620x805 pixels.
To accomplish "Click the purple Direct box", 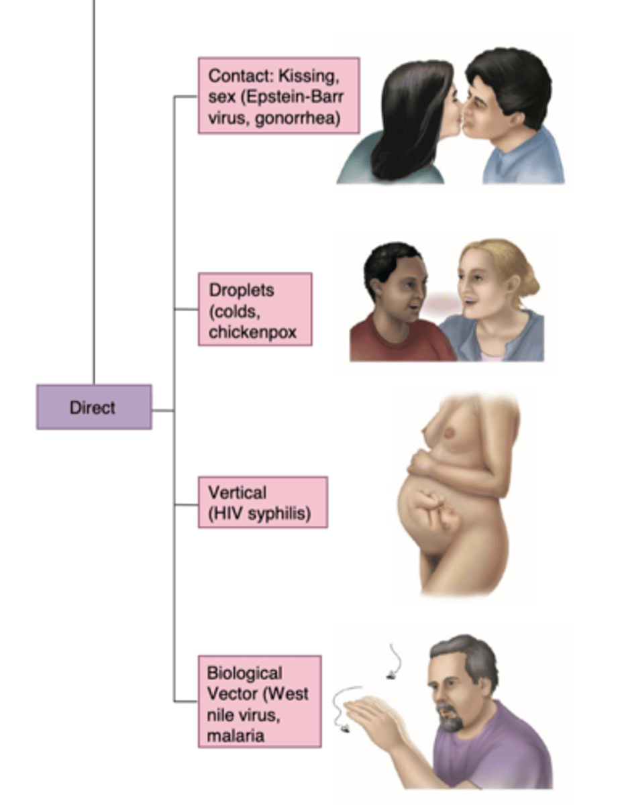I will point(94,407).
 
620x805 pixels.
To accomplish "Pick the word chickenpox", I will point(252,332).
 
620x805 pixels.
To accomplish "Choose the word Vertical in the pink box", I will point(237,492).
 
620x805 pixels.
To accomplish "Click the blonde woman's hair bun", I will point(530,282).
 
